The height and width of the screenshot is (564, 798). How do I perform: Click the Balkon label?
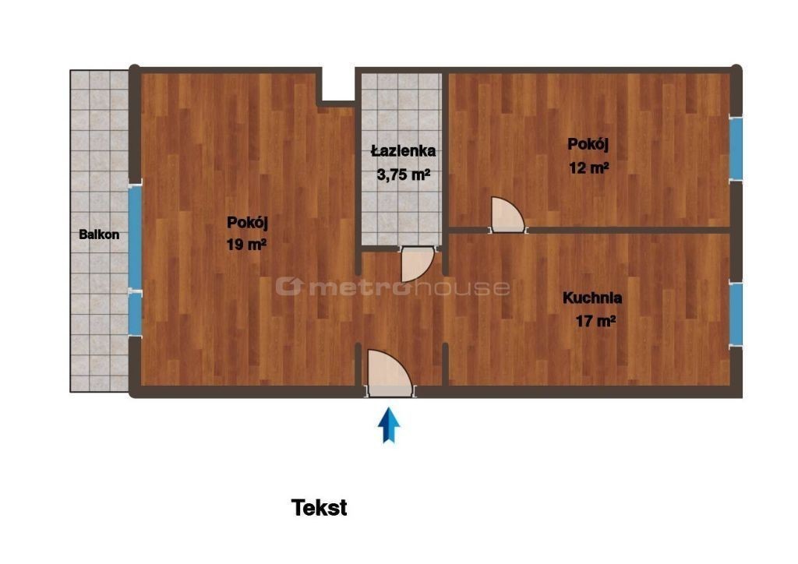click(x=99, y=234)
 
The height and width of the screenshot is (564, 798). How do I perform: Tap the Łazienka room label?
click(x=403, y=150)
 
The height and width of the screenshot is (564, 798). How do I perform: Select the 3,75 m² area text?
click(x=403, y=174)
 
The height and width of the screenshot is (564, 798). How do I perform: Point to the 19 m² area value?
click(x=246, y=245)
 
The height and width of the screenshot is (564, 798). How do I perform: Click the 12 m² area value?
click(x=589, y=167)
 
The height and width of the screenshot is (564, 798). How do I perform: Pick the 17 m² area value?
click(x=595, y=321)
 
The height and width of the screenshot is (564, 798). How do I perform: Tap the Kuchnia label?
click(x=592, y=298)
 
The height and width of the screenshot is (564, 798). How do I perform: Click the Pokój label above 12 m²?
click(x=588, y=144)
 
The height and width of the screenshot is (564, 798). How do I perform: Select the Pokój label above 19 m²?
click(x=247, y=222)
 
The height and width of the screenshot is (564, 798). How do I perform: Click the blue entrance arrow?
click(x=389, y=425)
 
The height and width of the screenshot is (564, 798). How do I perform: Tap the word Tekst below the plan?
click(x=319, y=508)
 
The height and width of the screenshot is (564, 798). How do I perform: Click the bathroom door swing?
click(x=416, y=264)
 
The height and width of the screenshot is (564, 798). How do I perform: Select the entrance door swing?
click(x=388, y=373)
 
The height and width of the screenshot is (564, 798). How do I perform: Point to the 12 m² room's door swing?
click(x=507, y=214)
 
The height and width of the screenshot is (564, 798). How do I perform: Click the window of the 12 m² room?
click(x=736, y=149)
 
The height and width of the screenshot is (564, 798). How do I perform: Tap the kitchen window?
click(x=736, y=314)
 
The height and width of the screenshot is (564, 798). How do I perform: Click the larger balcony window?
click(x=135, y=238)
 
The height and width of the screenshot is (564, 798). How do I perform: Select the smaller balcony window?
click(x=135, y=314)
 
